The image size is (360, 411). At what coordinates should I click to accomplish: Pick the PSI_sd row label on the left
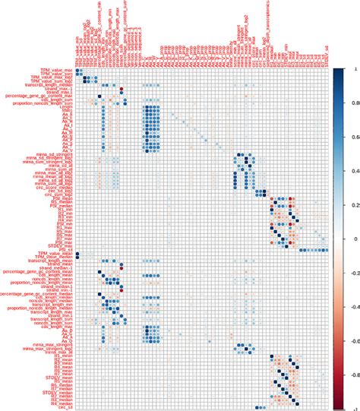(x=67, y=248)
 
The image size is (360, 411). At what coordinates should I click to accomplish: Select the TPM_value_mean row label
(x=53, y=252)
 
